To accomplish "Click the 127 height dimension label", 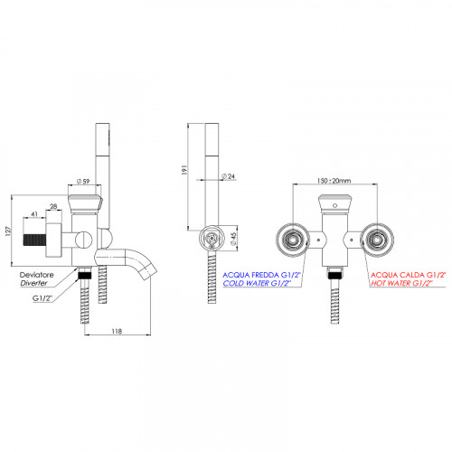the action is tap(9, 231).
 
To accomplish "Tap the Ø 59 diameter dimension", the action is tap(83, 182).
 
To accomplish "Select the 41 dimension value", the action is tap(34, 214).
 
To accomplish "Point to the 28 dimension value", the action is tap(53, 206).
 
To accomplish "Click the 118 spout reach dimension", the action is tap(117, 331).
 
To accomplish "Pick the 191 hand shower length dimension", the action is tap(184, 169).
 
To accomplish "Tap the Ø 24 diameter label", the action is tap(228, 176).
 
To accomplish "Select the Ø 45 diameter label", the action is tap(233, 239).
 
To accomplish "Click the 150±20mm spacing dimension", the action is tap(334, 181).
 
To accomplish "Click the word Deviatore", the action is tap(36, 275).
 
